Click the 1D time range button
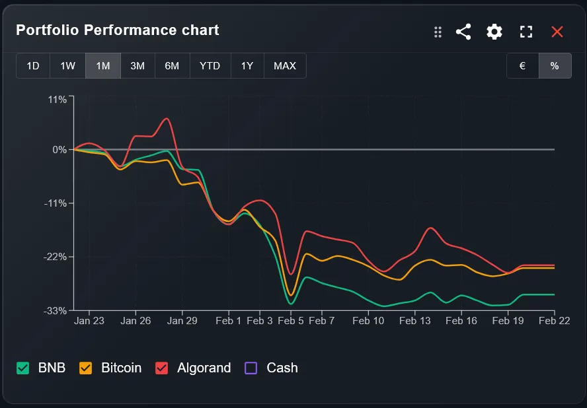(33, 66)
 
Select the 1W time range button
(67, 66)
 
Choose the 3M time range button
(137, 66)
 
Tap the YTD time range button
(210, 66)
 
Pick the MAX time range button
(285, 66)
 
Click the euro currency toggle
(523, 66)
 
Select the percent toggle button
(555, 66)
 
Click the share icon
(463, 32)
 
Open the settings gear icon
(494, 32)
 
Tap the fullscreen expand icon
(526, 32)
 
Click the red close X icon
(557, 32)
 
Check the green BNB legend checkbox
(23, 368)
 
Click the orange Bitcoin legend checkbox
(86, 368)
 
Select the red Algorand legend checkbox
(162, 368)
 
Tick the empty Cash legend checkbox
(251, 368)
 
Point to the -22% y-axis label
(55, 257)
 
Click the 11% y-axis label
(58, 100)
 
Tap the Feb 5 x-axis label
(291, 321)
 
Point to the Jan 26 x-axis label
(136, 321)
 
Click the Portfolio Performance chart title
(118, 30)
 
